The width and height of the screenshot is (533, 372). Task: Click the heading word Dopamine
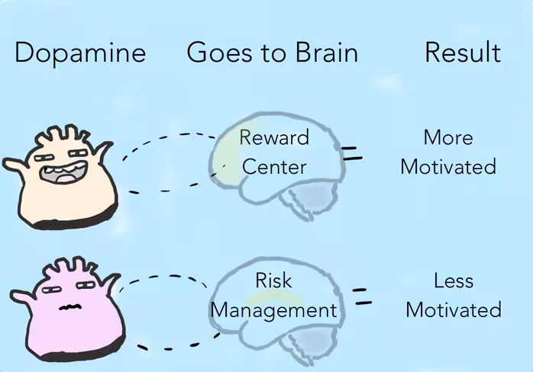[80, 53]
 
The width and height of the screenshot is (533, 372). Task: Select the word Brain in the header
[327, 53]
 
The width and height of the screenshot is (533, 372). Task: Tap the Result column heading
[463, 52]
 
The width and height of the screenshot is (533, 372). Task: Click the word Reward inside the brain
[274, 137]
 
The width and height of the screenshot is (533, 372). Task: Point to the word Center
[274, 167]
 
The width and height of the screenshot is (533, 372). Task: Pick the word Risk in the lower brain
[273, 281]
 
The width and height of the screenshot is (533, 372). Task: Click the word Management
[274, 311]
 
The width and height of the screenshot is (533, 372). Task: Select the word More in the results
[448, 137]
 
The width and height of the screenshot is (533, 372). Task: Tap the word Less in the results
[454, 281]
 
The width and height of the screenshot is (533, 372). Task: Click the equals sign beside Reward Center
[351, 153]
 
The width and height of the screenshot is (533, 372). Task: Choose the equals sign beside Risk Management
[362, 296]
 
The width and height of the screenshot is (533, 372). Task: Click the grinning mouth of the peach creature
[63, 172]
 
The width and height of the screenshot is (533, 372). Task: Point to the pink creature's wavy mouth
[70, 307]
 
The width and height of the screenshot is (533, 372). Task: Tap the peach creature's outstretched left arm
[15, 165]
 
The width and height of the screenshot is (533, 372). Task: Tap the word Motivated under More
[448, 167]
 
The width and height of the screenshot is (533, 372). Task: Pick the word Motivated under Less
[454, 309]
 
